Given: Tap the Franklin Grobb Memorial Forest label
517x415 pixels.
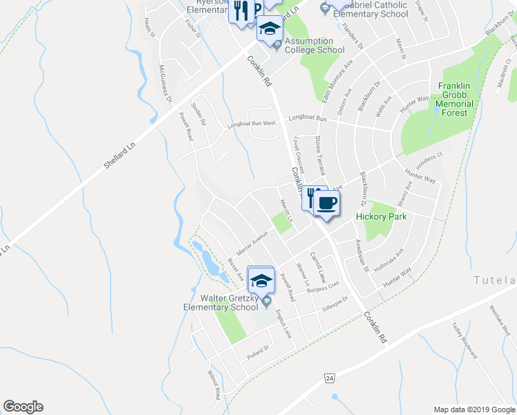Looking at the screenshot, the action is pyautogui.click(x=455, y=99).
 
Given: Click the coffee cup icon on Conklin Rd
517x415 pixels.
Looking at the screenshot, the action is pyautogui.click(x=327, y=203).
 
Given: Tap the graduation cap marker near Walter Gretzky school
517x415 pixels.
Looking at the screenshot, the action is pyautogui.click(x=261, y=279).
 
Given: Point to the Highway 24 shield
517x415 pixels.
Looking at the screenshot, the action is pyautogui.click(x=330, y=378).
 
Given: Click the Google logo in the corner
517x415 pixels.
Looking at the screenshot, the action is pyautogui.click(x=23, y=407).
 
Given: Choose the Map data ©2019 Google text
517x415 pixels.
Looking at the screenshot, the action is pyautogui.click(x=473, y=409).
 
